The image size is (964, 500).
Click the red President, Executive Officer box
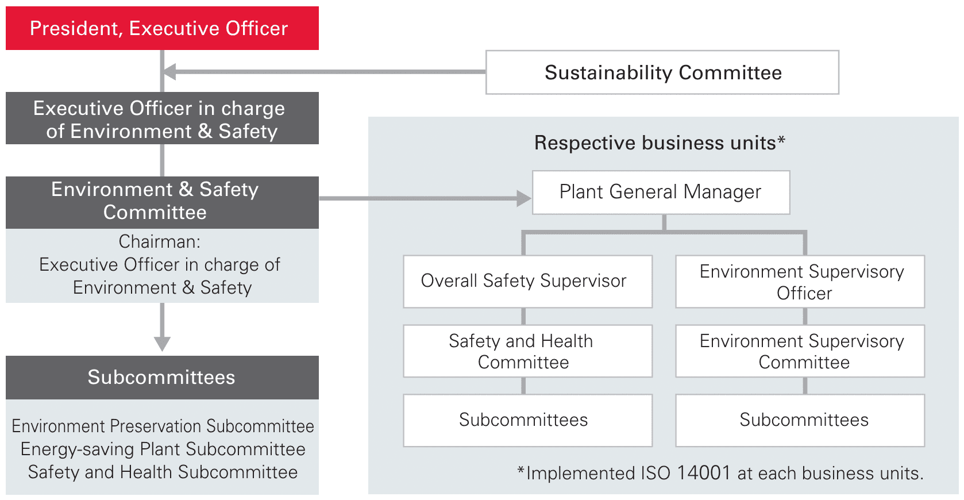pos(162,28)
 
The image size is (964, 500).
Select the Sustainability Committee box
pos(662,72)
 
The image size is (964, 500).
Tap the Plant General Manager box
pos(661,192)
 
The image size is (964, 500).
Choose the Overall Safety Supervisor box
pos(527,281)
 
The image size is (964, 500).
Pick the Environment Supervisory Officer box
pos(800,282)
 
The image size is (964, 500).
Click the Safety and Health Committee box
pos(527,351)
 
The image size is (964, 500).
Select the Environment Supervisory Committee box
pos(800,351)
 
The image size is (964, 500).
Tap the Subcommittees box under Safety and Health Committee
pos(527,420)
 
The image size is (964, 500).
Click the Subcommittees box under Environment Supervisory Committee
pos(800,420)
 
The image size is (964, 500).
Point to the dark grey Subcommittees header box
pos(162,377)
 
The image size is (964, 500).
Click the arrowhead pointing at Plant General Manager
pos(523,198)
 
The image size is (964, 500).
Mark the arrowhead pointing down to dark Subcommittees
pos(162,343)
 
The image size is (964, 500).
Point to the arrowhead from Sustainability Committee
pos(170,72)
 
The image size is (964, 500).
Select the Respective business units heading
pos(660,143)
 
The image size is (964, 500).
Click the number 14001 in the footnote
pos(703,473)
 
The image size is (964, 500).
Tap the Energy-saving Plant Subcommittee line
pos(163,449)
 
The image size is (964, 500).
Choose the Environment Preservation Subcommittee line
pos(163,426)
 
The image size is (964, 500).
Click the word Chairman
pos(159,241)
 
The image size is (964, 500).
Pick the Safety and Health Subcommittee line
pos(163,472)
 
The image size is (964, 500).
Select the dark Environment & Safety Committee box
pos(162,202)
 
